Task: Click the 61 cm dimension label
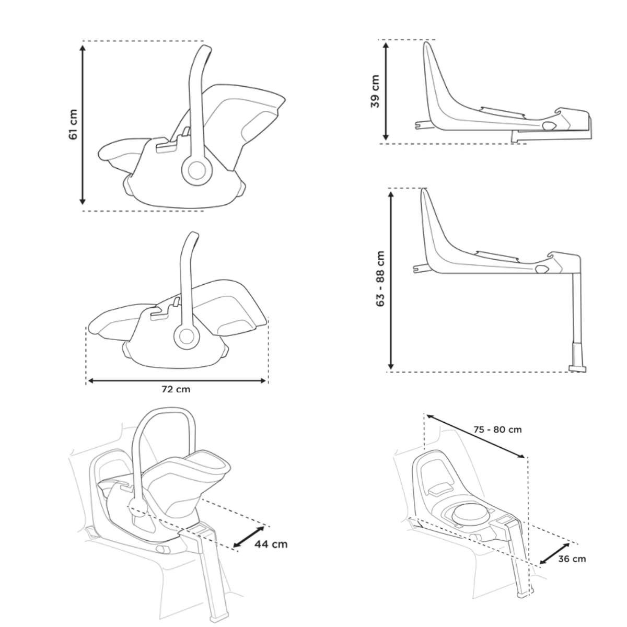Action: pyautogui.click(x=73, y=125)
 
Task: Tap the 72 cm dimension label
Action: pyautogui.click(x=176, y=389)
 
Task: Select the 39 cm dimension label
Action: pyautogui.click(x=375, y=91)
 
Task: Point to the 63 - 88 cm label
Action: pyautogui.click(x=380, y=278)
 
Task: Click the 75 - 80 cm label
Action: pyautogui.click(x=497, y=430)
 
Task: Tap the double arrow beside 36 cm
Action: pyautogui.click(x=555, y=553)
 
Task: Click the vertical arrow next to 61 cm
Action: pyautogui.click(x=83, y=125)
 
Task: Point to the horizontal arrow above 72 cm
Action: pyautogui.click(x=177, y=381)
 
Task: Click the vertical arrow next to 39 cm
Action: pyautogui.click(x=386, y=91)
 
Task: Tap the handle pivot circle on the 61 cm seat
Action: pyautogui.click(x=197, y=170)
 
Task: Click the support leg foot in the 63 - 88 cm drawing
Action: pyautogui.click(x=577, y=369)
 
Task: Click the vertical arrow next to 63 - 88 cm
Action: pyautogui.click(x=391, y=281)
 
